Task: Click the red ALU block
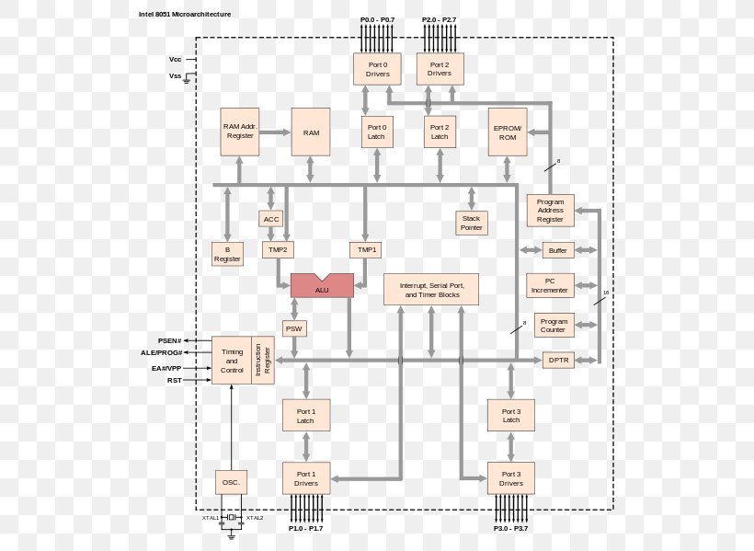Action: click(322, 286)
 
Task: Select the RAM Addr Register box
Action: click(240, 132)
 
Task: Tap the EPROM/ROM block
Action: click(508, 132)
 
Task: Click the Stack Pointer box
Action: click(471, 223)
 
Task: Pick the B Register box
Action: click(227, 254)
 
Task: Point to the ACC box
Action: click(271, 219)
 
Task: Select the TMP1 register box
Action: click(367, 249)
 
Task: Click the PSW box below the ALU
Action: click(293, 328)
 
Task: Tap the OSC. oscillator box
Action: click(231, 482)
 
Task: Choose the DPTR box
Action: click(558, 361)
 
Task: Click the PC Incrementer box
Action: click(550, 285)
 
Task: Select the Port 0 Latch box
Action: click(376, 132)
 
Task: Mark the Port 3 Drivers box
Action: click(510, 478)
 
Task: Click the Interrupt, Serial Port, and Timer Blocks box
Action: click(430, 290)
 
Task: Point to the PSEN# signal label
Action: click(171, 340)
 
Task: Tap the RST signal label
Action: click(175, 380)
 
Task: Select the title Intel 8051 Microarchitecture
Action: click(185, 15)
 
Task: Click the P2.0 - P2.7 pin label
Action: click(439, 19)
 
